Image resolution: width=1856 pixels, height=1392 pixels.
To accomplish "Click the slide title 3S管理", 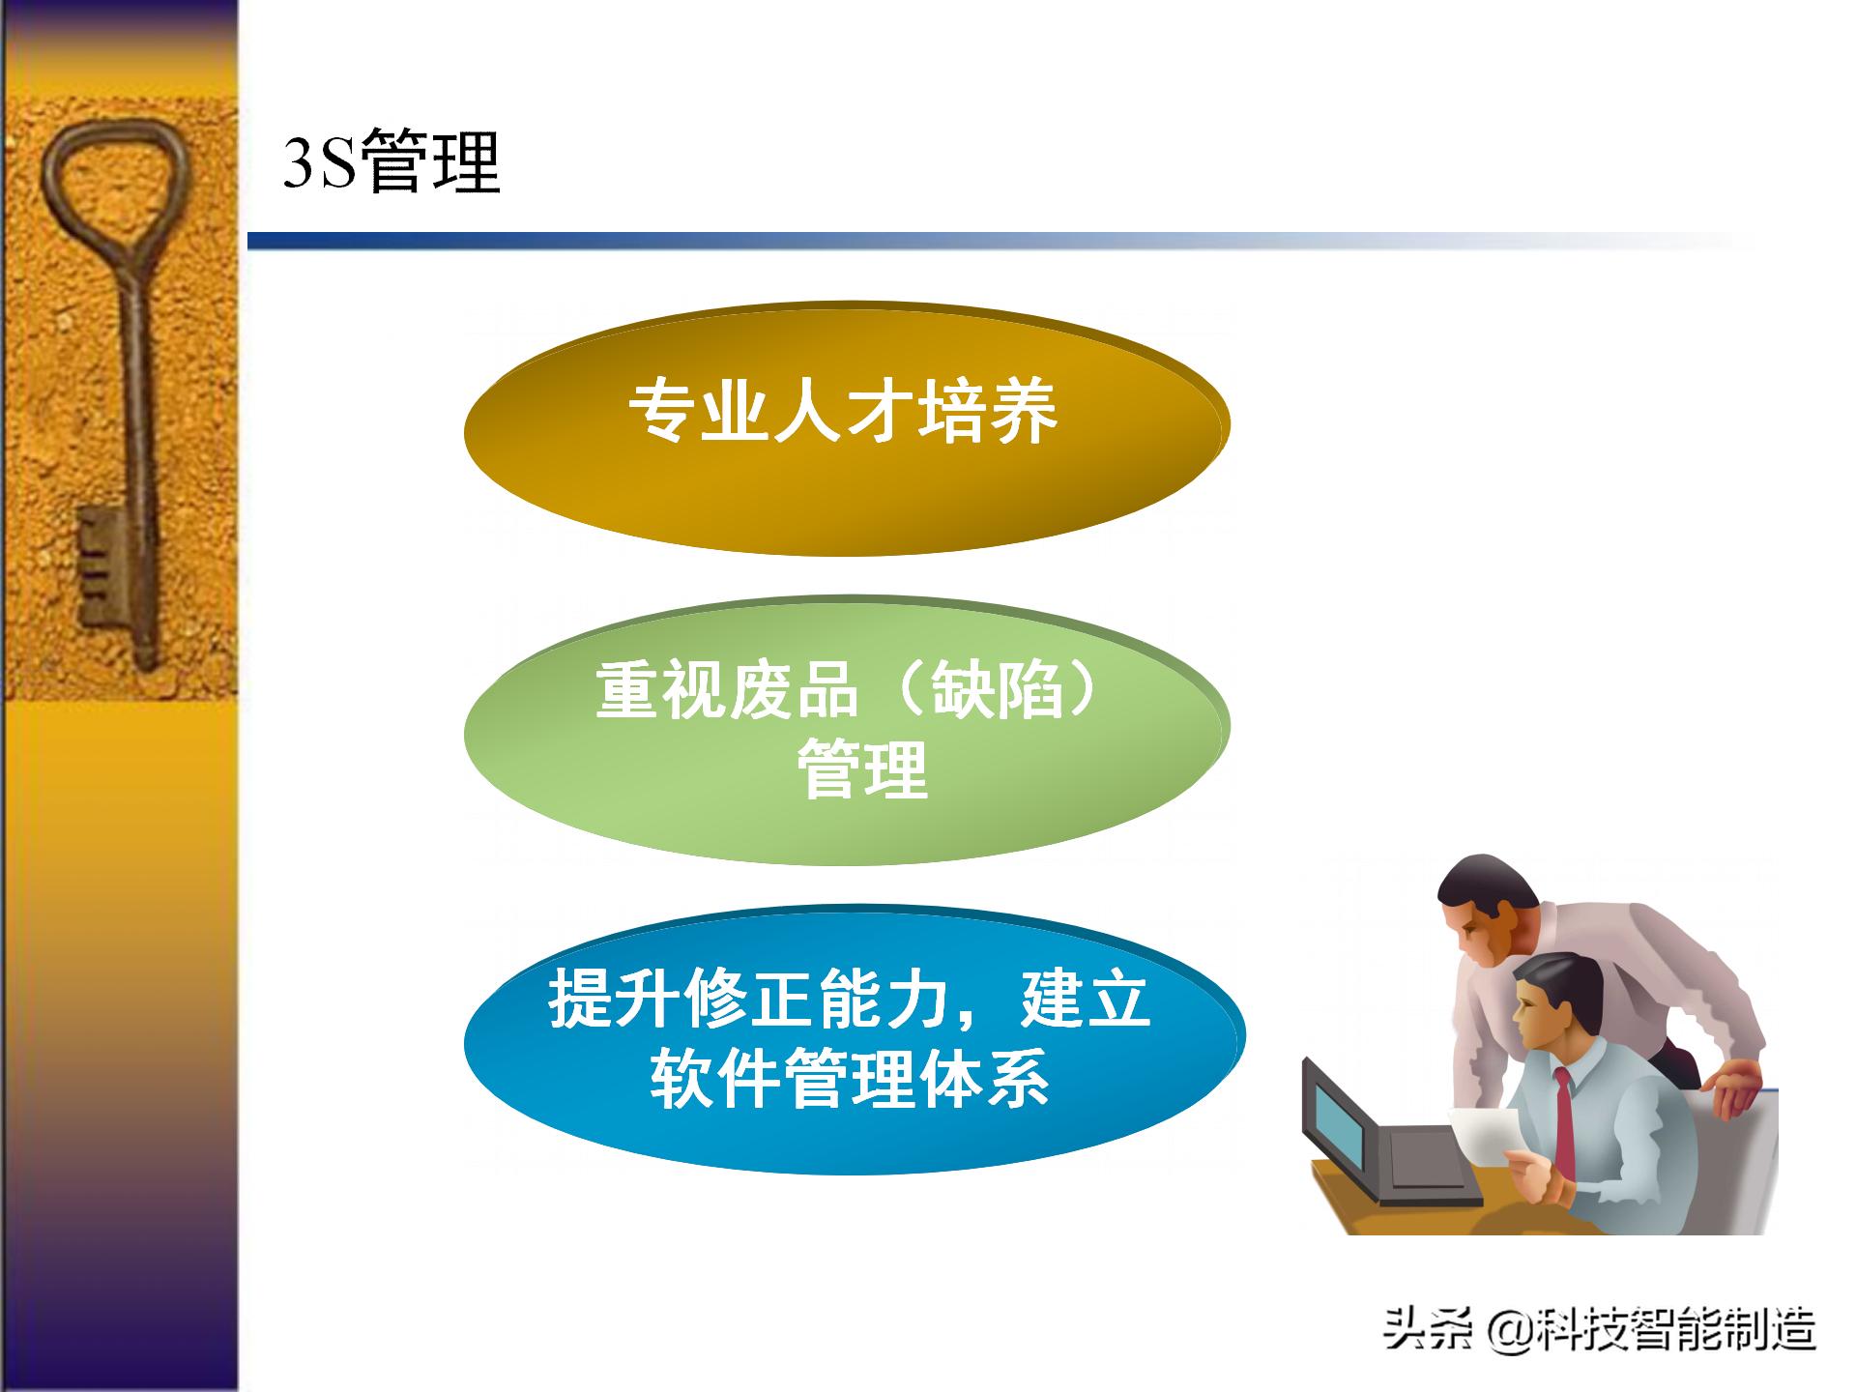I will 391,162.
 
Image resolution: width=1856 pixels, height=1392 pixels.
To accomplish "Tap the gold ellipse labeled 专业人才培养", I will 846,483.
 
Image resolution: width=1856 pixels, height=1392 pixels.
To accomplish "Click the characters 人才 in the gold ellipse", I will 843,413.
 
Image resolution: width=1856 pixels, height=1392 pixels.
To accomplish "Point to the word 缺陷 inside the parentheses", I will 997,691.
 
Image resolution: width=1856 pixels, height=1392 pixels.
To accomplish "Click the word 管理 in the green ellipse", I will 862,770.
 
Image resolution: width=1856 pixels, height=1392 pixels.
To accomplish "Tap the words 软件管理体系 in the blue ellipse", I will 850,1078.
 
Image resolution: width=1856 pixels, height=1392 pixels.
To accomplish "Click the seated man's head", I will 1556,1005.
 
